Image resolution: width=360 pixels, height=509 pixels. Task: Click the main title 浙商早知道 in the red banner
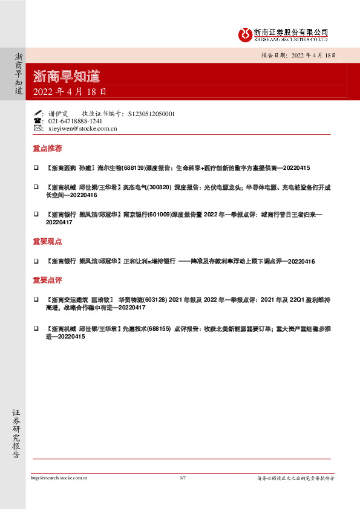tap(67, 77)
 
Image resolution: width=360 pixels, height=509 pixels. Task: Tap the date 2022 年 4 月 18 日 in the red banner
tap(70, 92)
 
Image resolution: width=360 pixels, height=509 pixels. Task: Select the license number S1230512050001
tap(152, 114)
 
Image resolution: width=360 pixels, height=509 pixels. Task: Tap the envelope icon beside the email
tap(38, 129)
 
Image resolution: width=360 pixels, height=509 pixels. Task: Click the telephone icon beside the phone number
tap(38, 121)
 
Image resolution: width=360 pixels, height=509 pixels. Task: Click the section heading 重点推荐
tap(47, 148)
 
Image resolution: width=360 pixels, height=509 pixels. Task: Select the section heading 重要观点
tap(47, 241)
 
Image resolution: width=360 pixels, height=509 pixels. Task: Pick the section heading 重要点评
tap(47, 280)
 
